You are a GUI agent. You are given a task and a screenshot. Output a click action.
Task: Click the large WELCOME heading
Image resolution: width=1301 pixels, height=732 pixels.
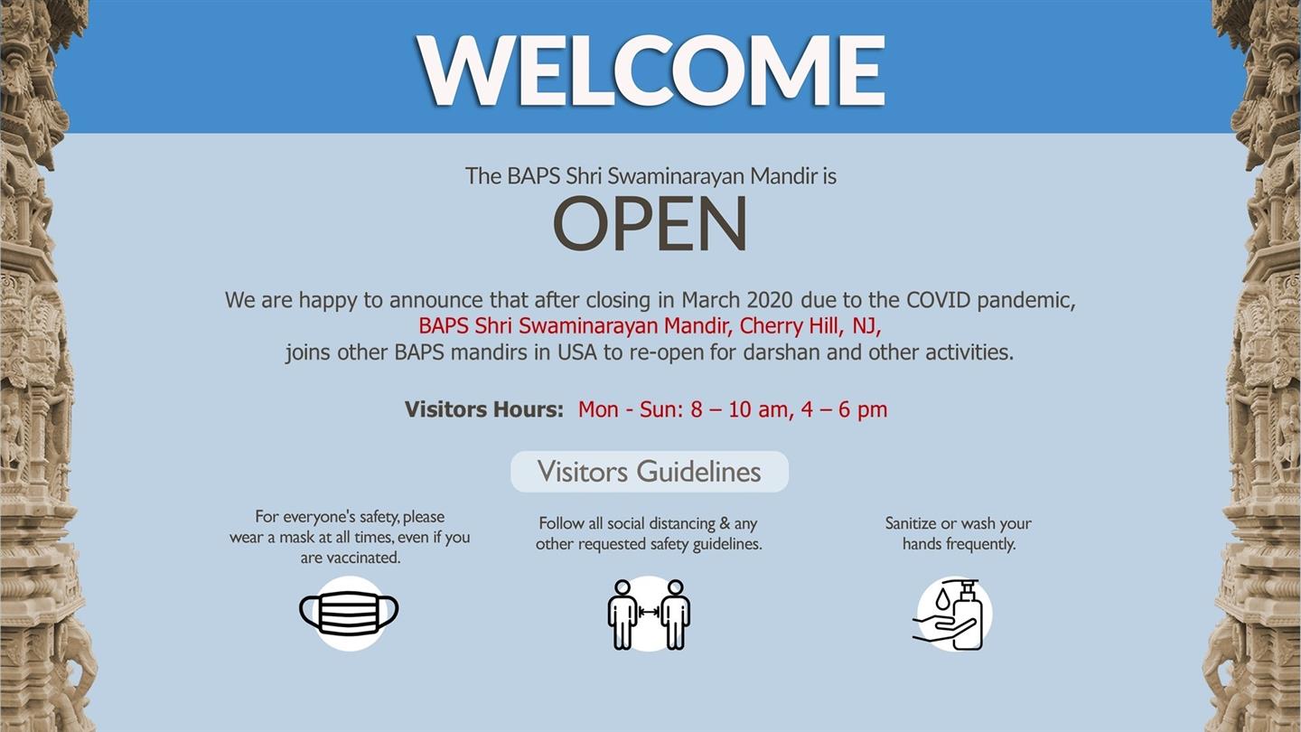pos(650,70)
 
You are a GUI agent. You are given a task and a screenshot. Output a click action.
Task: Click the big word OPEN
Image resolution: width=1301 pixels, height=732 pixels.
pos(650,225)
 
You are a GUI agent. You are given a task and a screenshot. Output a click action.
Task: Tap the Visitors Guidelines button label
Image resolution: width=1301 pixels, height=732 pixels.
pos(650,472)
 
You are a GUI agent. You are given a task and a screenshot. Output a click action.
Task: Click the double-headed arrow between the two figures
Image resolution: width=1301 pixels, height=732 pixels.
pos(649,612)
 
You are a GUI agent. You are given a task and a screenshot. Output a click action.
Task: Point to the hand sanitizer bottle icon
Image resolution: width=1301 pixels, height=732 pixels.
pos(967,615)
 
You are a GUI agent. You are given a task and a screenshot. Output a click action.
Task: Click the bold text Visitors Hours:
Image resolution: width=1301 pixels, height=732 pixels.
pos(484,409)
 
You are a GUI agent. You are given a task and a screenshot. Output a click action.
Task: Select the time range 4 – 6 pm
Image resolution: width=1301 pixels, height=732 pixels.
pos(844,409)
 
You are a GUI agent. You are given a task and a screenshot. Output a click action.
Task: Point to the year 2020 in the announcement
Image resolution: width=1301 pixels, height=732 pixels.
pos(770,300)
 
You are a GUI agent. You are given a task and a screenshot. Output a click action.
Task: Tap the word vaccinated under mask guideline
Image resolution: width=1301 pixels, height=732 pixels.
pos(363,558)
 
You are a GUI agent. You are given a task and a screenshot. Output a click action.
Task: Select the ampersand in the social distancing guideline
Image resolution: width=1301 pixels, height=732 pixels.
pos(725,523)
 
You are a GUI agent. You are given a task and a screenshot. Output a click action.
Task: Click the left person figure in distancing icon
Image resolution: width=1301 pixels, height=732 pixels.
pos(622,615)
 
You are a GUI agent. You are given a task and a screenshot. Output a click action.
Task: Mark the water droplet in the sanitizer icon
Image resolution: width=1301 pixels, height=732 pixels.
pos(942,598)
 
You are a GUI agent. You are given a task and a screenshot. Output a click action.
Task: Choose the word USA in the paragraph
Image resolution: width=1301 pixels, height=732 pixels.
pos(577,352)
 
